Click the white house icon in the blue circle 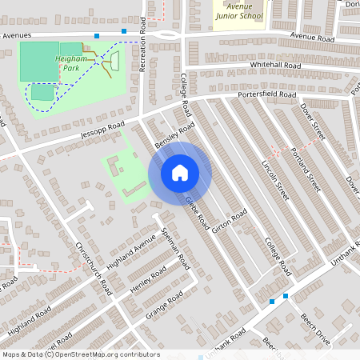click(x=180, y=172)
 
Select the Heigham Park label click(x=71, y=63)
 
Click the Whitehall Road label click(x=274, y=65)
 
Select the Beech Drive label click(x=315, y=329)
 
